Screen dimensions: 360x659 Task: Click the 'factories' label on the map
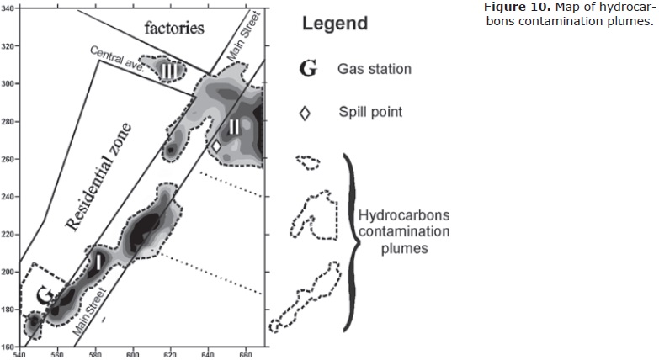(174, 28)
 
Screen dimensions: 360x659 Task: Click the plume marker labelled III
(169, 71)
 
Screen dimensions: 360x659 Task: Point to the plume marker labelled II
(234, 127)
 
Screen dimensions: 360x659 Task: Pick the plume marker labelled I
(98, 261)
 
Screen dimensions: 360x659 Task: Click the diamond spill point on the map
(216, 146)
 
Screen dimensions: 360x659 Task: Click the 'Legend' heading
(334, 23)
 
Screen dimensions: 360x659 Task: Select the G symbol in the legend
(308, 68)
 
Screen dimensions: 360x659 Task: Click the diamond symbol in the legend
(306, 114)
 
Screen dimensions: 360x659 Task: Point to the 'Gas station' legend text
(375, 69)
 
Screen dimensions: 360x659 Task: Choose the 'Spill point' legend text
(370, 112)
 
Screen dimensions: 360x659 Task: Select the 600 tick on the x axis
(133, 353)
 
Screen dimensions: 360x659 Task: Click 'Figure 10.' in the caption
(514, 7)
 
